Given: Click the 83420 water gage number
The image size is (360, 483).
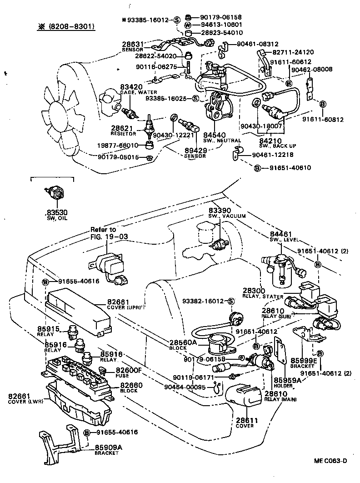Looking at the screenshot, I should click(131, 86).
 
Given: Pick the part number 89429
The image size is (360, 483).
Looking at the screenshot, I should click(195, 150).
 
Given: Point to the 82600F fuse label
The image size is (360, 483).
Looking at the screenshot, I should click(129, 370).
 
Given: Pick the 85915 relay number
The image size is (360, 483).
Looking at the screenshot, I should click(55, 329).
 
